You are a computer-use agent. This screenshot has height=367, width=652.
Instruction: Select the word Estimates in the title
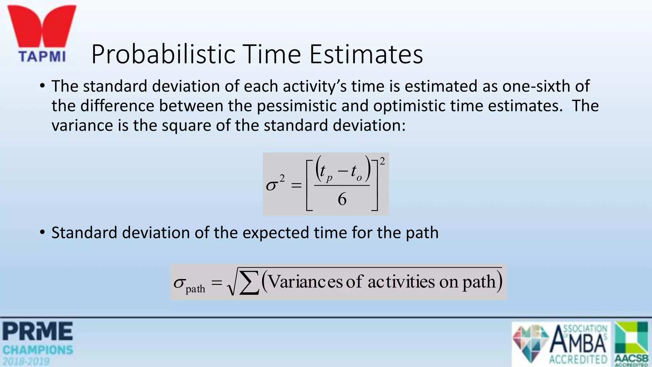[x=366, y=54]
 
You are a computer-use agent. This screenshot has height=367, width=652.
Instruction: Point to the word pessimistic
[x=296, y=106]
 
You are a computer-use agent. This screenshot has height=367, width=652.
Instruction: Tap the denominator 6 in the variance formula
[x=342, y=199]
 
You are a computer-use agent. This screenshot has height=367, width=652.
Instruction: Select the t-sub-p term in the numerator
[x=325, y=172]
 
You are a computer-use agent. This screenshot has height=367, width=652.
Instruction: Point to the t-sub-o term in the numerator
[x=356, y=172]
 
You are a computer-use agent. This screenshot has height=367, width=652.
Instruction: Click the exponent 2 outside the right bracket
[x=382, y=162]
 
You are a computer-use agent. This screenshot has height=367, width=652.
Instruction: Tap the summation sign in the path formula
[x=249, y=283]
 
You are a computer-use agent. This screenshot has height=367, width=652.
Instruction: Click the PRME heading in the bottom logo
[x=38, y=331]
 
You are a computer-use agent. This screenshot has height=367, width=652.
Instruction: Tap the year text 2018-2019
[x=26, y=361]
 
